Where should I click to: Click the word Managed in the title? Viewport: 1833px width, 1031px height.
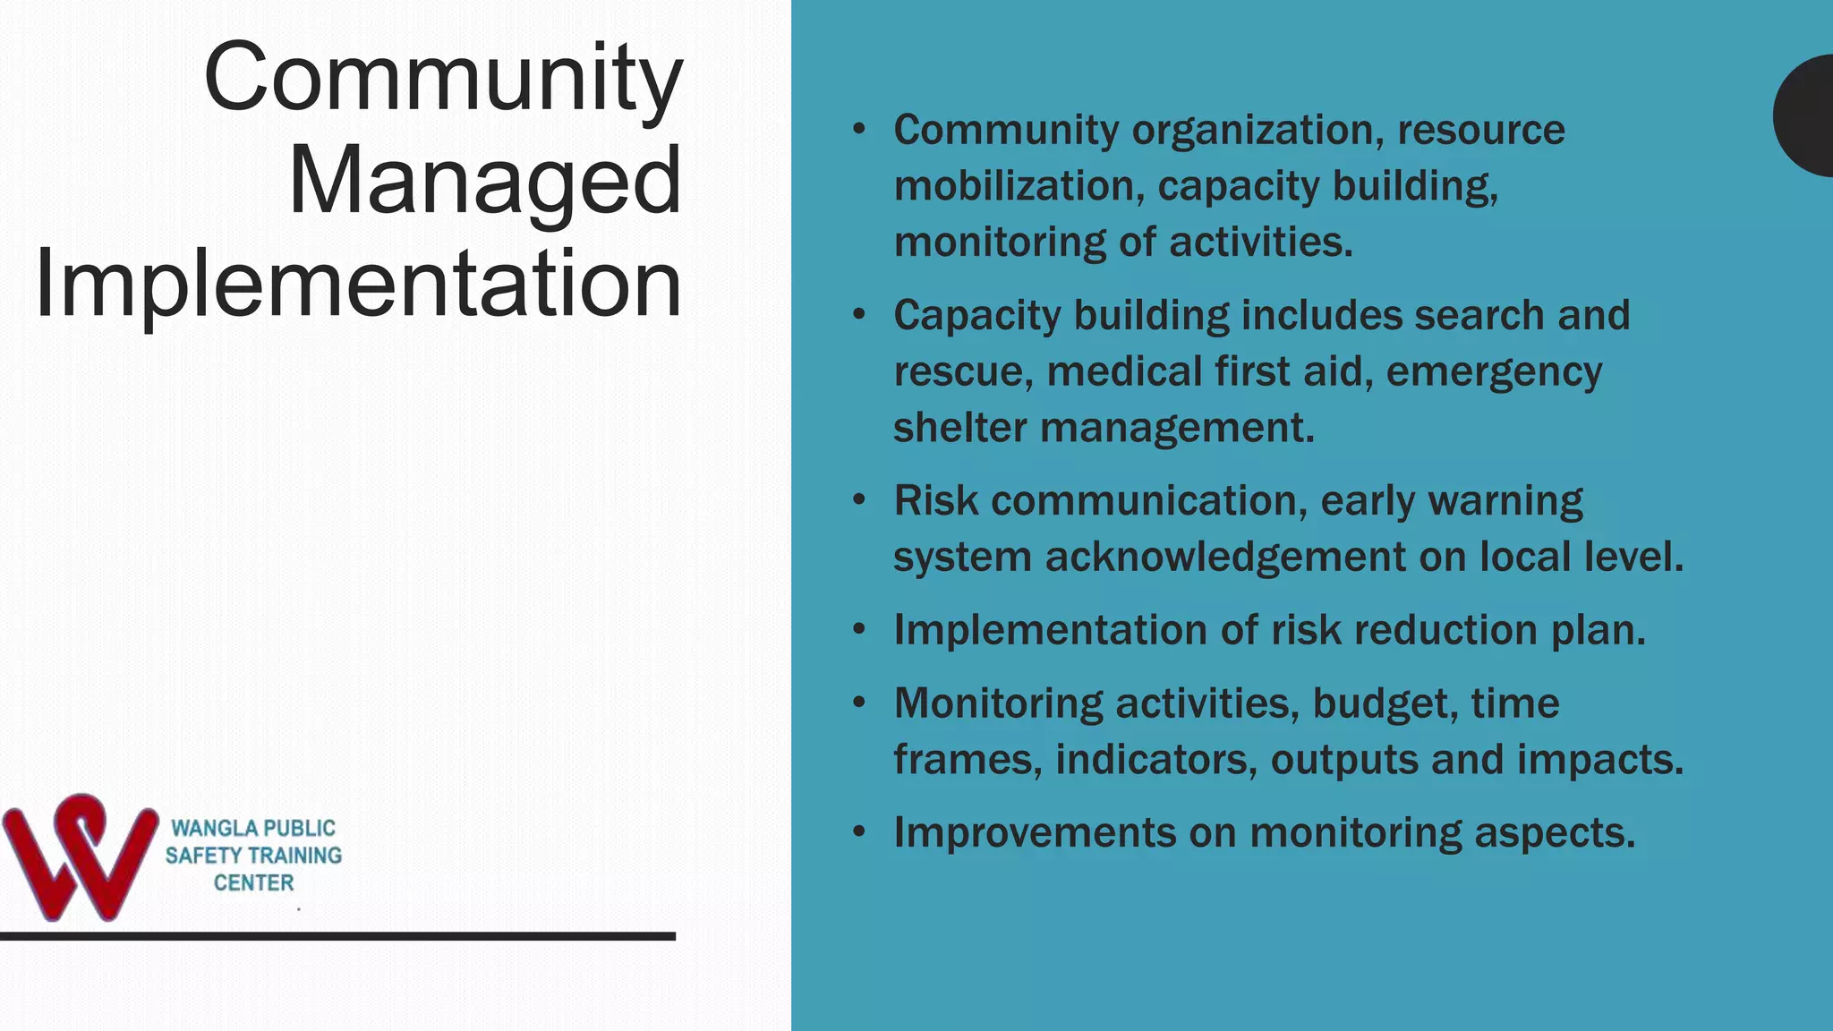(484, 182)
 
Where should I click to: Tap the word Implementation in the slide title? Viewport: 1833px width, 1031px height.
(358, 285)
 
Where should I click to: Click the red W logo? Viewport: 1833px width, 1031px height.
(80, 856)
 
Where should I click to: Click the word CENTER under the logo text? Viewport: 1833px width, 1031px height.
(253, 883)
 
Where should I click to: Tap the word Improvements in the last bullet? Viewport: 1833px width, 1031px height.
(1034, 833)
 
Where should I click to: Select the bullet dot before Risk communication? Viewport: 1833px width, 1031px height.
(859, 500)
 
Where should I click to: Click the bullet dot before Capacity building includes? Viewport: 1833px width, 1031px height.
(859, 315)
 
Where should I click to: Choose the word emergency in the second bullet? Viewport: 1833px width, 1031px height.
(1494, 372)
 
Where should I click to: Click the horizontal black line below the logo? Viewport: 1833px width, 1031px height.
(337, 936)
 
